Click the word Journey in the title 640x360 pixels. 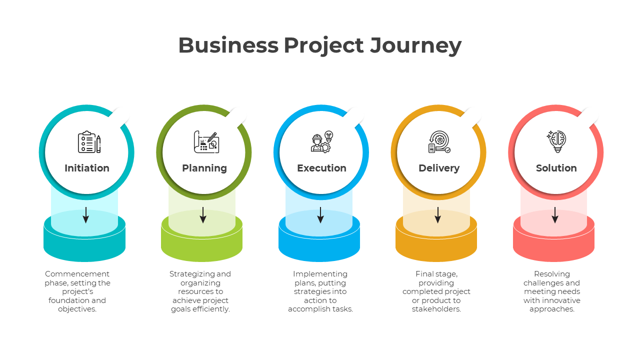coord(415,45)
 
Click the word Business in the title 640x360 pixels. coord(228,45)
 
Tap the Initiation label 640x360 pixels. coord(87,168)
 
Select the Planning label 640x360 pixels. coord(204,168)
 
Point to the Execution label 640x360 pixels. coord(321,168)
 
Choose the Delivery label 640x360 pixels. coord(439,168)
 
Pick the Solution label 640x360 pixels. coord(556,168)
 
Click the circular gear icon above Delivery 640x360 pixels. coord(439,142)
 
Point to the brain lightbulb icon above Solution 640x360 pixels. coord(556,141)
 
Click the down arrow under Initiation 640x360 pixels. coord(86,215)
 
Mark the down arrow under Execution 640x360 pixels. coord(320,215)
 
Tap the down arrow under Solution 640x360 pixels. coord(555,215)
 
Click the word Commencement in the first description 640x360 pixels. coord(77,274)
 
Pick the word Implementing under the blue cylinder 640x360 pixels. coord(320,274)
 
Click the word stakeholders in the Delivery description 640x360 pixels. coord(436,309)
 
